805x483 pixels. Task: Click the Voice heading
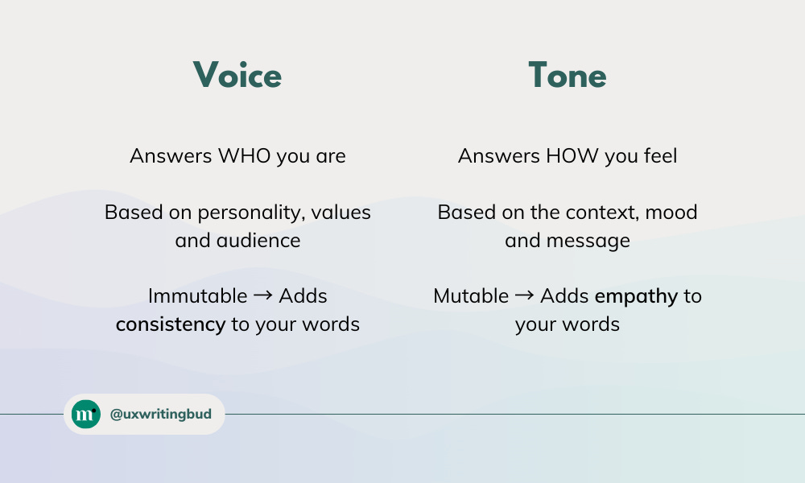click(237, 76)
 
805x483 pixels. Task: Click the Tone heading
click(567, 76)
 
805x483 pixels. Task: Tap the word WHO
click(245, 155)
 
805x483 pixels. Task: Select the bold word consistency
click(170, 324)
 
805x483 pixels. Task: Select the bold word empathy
click(636, 296)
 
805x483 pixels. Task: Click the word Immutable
click(197, 296)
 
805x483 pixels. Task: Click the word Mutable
click(471, 296)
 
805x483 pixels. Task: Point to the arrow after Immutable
click(262, 296)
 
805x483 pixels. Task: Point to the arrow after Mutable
click(524, 296)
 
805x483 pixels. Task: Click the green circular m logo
click(85, 414)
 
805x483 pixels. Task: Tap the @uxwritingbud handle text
click(161, 415)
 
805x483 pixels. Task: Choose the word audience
click(258, 241)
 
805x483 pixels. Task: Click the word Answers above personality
click(171, 155)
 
